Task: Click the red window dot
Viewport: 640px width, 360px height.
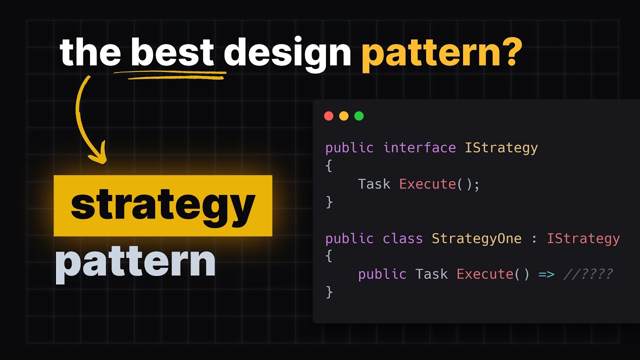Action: (328, 116)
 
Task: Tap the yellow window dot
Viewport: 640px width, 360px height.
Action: (344, 116)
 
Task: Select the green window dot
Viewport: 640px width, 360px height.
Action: (359, 116)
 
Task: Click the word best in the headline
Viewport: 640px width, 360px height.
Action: (172, 52)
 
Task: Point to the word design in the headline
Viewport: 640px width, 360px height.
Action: (287, 52)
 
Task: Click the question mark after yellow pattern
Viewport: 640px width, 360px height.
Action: (510, 52)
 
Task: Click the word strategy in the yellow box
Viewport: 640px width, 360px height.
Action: (163, 205)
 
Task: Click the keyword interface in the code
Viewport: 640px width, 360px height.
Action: (419, 148)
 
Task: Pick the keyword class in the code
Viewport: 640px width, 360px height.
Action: (403, 238)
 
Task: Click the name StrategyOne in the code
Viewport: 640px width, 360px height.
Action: (476, 238)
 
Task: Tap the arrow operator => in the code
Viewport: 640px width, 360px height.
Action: (546, 274)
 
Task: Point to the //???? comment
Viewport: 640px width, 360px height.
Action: (588, 274)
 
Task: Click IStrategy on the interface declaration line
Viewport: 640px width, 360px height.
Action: (501, 148)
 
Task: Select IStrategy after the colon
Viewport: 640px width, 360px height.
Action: (583, 238)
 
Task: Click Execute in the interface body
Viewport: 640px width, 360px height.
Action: (427, 184)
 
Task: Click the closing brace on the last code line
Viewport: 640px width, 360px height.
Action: (329, 292)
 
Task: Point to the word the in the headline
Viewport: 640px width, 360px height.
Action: (90, 52)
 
